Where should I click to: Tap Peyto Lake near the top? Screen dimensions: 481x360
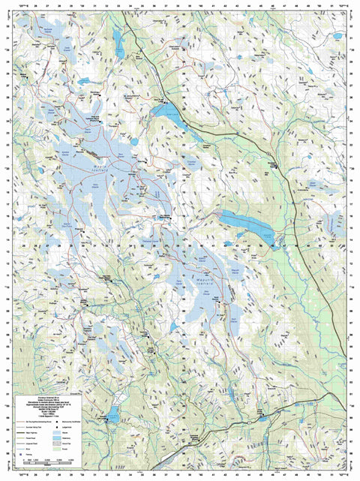pos(118,38)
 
